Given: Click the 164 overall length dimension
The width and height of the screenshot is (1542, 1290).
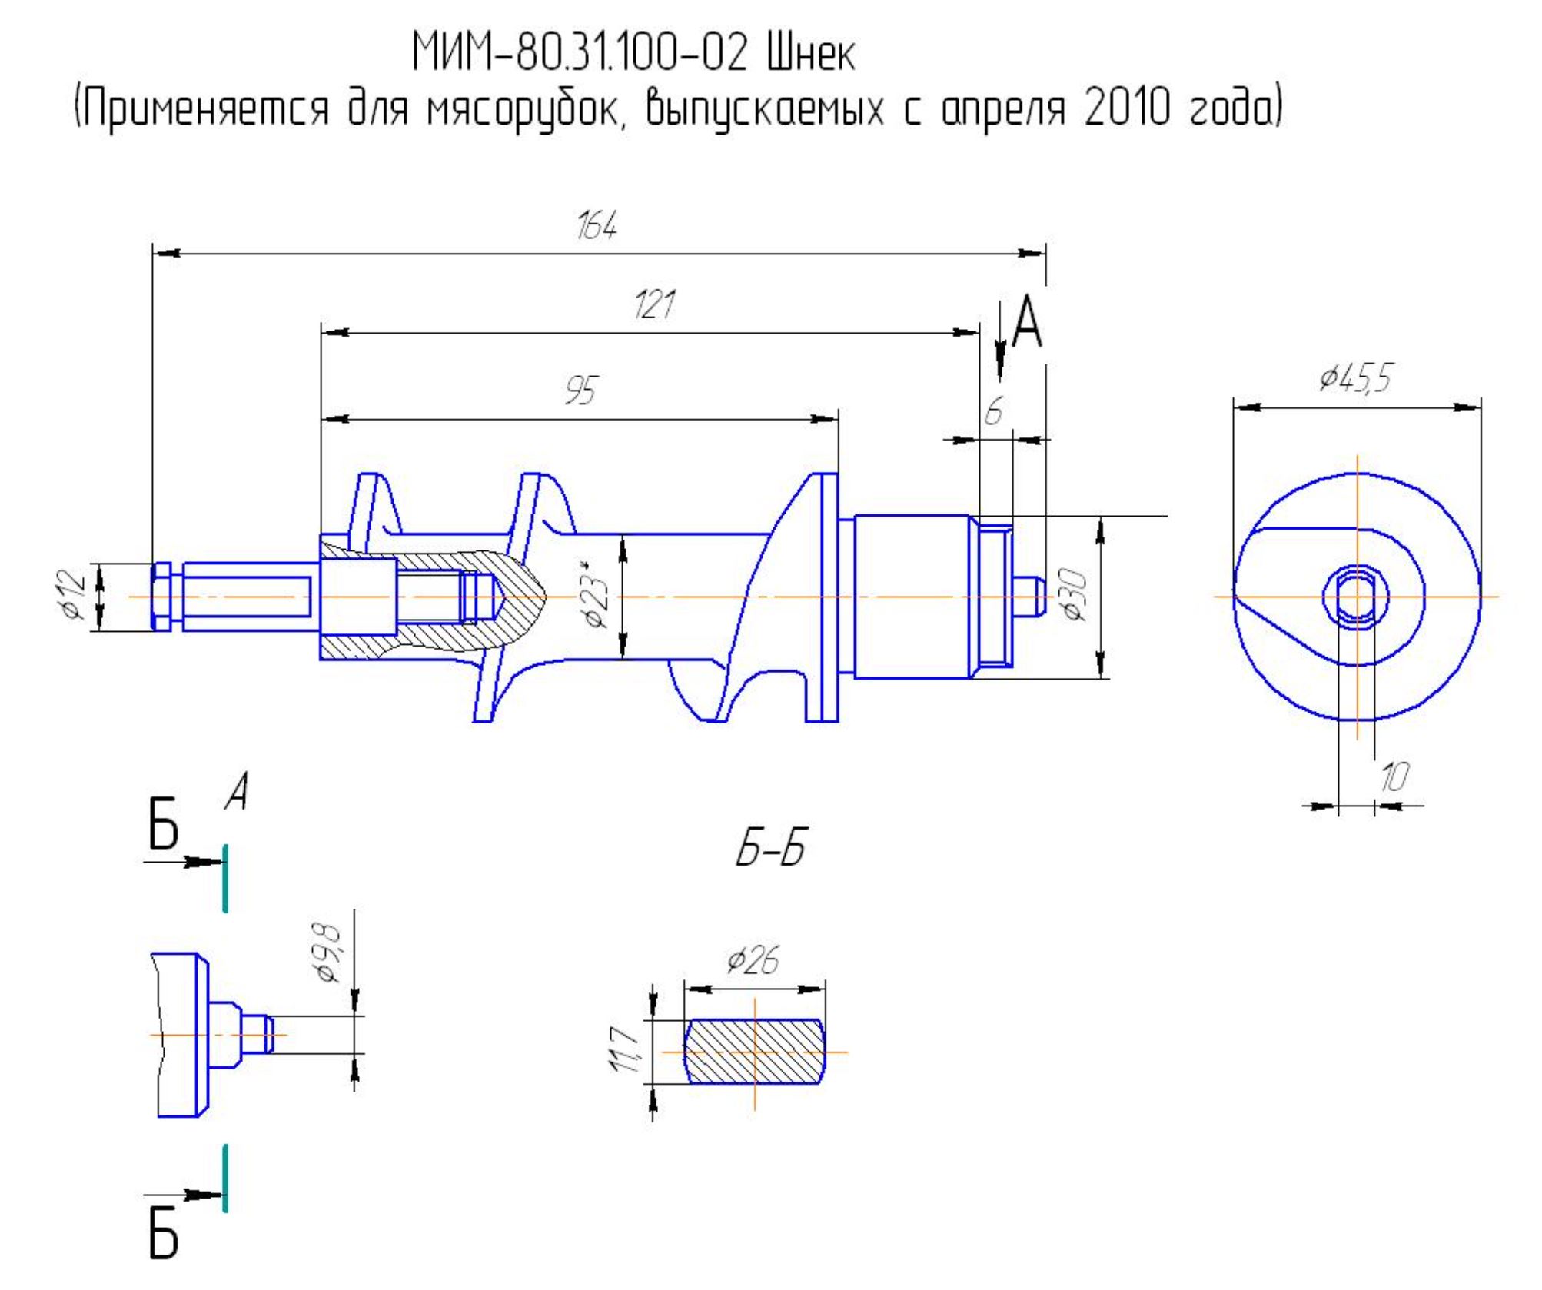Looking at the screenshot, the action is (597, 225).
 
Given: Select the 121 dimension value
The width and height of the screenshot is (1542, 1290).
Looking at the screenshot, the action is (654, 305).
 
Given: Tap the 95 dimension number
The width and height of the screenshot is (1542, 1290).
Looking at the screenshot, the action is (581, 391).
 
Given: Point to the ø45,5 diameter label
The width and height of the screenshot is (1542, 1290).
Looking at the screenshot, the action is (1356, 377).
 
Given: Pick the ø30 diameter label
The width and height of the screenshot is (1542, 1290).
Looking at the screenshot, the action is (1075, 594).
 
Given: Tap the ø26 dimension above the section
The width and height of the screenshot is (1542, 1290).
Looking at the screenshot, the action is (753, 960).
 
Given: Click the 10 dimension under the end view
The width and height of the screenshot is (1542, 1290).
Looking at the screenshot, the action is (1394, 778).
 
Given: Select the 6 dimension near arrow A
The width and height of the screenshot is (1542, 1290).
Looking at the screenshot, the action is (994, 413).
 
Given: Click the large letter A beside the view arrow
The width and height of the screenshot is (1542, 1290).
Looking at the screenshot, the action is (1027, 322).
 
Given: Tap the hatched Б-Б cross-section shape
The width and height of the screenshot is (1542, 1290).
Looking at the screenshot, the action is (754, 1051).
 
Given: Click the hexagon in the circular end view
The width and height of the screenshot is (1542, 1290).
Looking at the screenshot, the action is (1357, 596).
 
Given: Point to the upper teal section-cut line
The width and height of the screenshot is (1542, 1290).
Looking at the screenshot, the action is (225, 878).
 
